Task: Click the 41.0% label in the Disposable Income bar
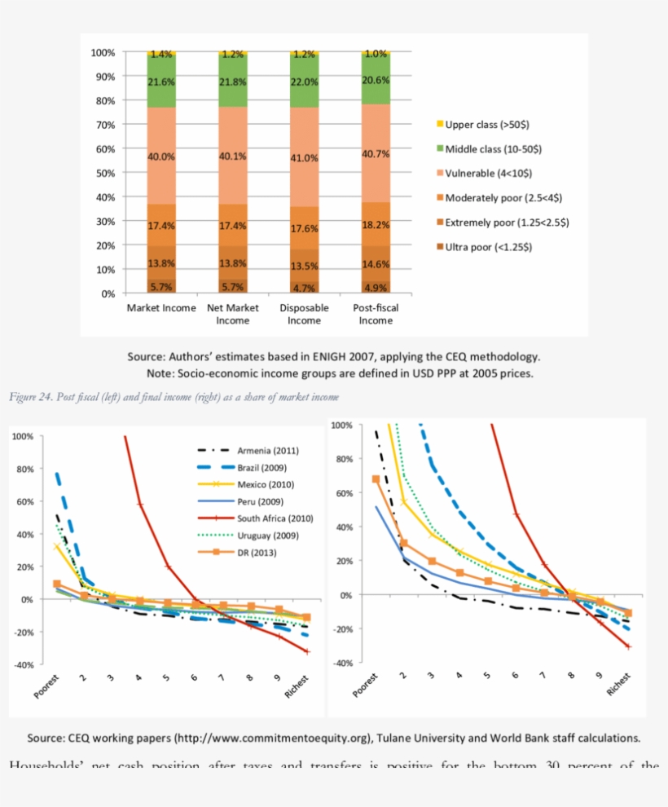pyautogui.click(x=304, y=158)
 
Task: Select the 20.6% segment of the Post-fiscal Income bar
pyautogui.click(x=376, y=81)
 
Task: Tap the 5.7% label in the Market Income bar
pyautogui.click(x=161, y=287)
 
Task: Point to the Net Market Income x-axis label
pyautogui.click(x=232, y=314)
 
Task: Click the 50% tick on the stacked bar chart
pyautogui.click(x=103, y=174)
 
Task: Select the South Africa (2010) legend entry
pyautogui.click(x=275, y=518)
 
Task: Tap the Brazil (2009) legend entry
pyautogui.click(x=261, y=467)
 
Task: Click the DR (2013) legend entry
pyautogui.click(x=257, y=552)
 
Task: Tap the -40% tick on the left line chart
pyautogui.click(x=22, y=665)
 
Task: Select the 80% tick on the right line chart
pyautogui.click(x=341, y=460)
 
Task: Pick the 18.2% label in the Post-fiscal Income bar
pyautogui.click(x=376, y=224)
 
